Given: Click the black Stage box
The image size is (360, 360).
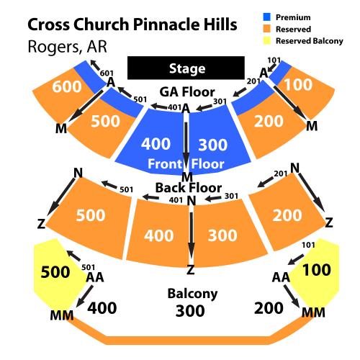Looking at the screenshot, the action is (x=186, y=68).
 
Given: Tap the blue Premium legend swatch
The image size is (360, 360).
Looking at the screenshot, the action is (x=267, y=17).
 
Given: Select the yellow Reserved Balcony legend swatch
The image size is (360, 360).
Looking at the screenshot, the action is (x=267, y=40).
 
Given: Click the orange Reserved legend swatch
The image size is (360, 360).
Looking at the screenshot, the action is (x=267, y=29).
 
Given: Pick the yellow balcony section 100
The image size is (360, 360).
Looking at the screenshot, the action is (x=315, y=272).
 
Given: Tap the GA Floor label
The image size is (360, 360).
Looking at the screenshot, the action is (x=187, y=92).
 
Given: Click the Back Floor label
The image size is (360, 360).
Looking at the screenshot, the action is (x=189, y=188).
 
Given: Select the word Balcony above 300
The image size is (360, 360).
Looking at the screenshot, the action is (x=192, y=294).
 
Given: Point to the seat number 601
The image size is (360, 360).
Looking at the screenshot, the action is (x=107, y=73).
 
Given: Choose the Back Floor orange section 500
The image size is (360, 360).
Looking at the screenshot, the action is (x=90, y=216).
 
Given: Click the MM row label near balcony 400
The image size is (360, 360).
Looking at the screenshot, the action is (x=62, y=315).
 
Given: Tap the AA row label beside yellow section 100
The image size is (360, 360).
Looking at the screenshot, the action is (x=281, y=277).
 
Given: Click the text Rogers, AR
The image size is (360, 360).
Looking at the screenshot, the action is (x=67, y=47).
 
